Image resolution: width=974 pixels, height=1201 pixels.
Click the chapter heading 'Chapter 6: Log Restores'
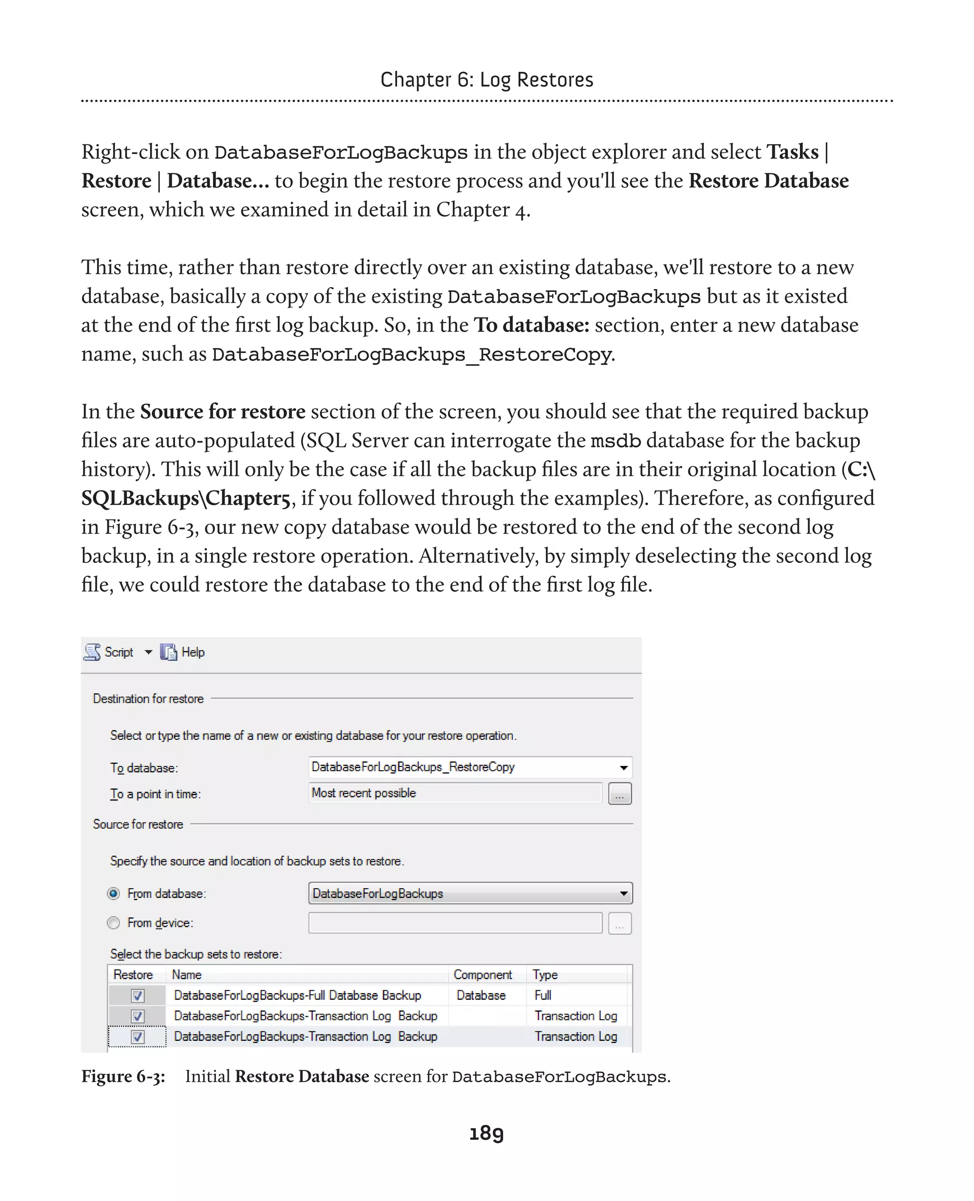click(487, 80)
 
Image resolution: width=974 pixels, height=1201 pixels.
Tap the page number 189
click(487, 1133)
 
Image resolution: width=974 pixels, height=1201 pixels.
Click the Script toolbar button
click(110, 652)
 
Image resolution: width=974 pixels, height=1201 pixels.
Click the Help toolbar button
click(184, 652)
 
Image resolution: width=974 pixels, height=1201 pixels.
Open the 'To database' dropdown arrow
click(623, 767)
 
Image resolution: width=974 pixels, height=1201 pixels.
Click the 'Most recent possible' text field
click(455, 793)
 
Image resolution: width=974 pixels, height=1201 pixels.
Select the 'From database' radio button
click(114, 893)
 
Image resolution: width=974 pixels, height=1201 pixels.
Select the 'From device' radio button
click(114, 923)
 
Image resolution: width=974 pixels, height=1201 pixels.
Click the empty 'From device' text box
click(455, 923)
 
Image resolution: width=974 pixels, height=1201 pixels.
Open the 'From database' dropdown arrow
click(623, 893)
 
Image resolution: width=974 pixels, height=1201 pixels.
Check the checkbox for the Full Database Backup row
click(137, 996)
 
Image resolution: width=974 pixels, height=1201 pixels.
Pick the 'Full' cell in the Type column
click(543, 995)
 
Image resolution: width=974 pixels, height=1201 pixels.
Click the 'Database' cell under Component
click(481, 995)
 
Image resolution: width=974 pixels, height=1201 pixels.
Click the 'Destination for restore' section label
click(148, 698)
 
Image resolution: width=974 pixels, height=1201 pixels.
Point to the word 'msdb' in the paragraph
click(615, 441)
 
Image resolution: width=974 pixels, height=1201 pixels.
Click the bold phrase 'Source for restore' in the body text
click(222, 412)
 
